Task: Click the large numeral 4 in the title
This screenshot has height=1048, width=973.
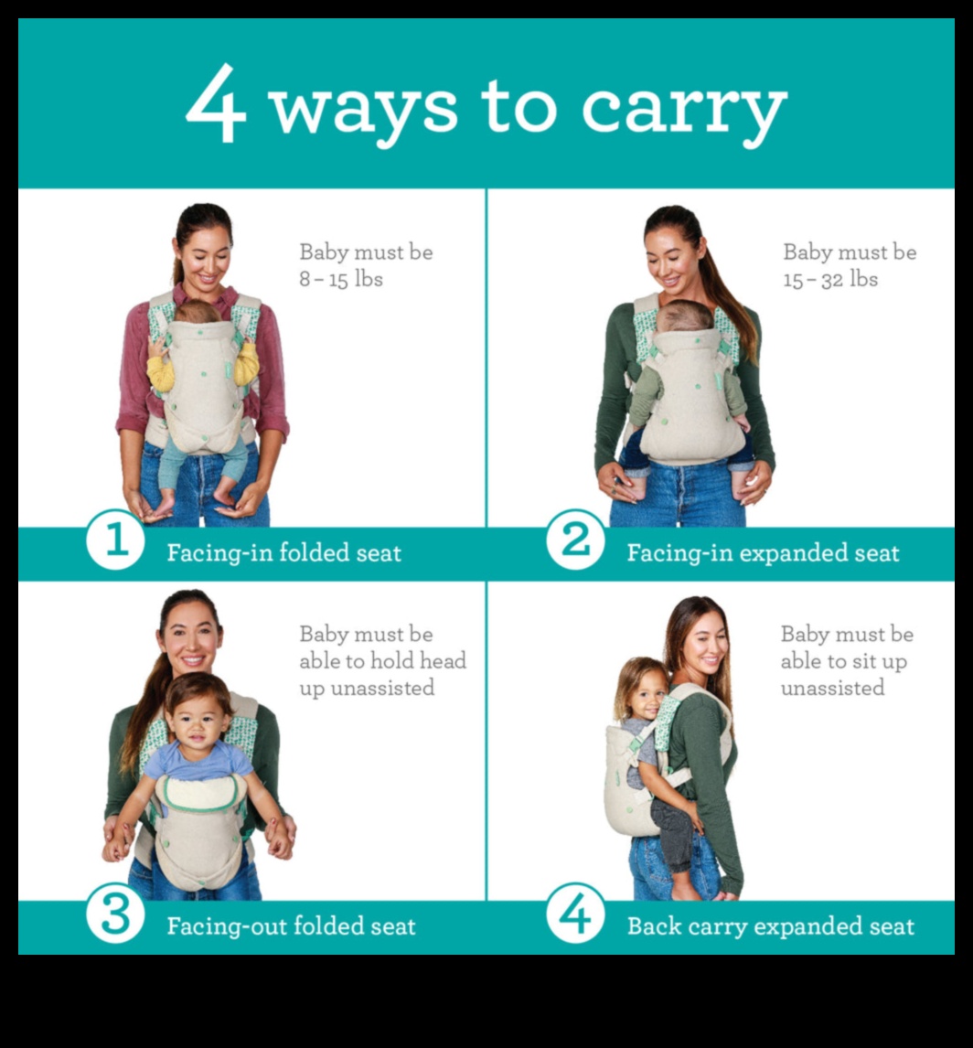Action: coord(215,103)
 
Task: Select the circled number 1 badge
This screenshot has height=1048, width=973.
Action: coord(115,540)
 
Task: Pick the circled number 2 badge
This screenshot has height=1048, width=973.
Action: coord(575,540)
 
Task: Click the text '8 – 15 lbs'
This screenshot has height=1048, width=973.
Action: coord(341,279)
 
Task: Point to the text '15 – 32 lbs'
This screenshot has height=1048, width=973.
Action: coord(830,279)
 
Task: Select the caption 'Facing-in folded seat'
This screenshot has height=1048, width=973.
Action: coord(284,552)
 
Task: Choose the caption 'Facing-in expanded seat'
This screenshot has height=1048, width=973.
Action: coord(763,552)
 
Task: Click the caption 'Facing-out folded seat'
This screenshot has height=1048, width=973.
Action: coord(291,925)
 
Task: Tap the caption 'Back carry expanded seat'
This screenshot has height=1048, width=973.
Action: coord(771,926)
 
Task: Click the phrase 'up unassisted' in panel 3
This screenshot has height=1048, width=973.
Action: coord(367,688)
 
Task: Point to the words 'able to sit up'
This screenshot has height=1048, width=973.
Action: coord(843,661)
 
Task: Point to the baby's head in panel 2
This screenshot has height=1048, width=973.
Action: coord(684,316)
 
